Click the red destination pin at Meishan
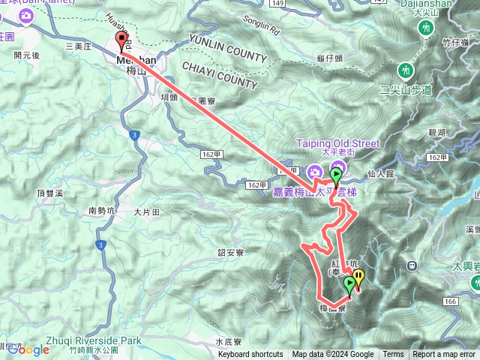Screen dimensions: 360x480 tap(121, 41)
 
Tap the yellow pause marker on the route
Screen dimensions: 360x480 tap(358, 279)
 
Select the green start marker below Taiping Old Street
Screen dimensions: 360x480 tap(336, 176)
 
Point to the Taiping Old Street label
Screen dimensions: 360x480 tap(337, 143)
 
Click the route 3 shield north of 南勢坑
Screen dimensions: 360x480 tap(133, 135)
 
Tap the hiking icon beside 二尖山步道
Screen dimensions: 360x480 tap(406, 70)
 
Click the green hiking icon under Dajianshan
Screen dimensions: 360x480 tap(427, 28)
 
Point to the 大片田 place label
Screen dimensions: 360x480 tap(147, 212)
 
